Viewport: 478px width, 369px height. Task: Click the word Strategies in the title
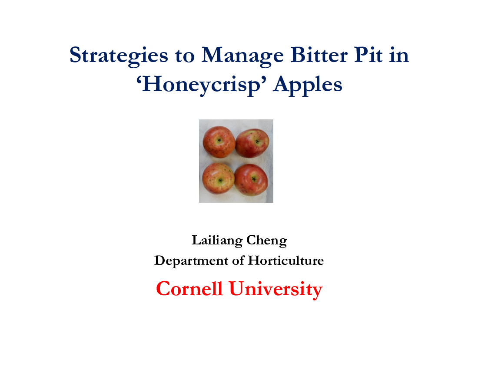pos(119,56)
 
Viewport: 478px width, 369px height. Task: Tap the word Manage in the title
pos(242,56)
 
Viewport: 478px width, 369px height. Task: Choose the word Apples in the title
pos(308,85)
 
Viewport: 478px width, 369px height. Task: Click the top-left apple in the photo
pos(219,142)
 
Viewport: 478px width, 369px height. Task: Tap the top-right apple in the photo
pos(252,143)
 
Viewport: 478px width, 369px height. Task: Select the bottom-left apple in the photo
pos(218,178)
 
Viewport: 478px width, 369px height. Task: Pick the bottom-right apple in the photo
pos(251,180)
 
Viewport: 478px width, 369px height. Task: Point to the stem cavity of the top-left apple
pos(219,140)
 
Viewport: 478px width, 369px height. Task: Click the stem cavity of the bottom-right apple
pos(254,179)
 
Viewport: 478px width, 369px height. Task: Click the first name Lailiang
pos(217,241)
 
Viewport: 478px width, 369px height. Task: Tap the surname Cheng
pos(267,241)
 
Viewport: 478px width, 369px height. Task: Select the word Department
pos(191,261)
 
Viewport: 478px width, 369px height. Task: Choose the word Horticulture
pos(286,260)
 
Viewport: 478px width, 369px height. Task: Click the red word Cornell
pos(189,288)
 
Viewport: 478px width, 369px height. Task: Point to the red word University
pos(276,289)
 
